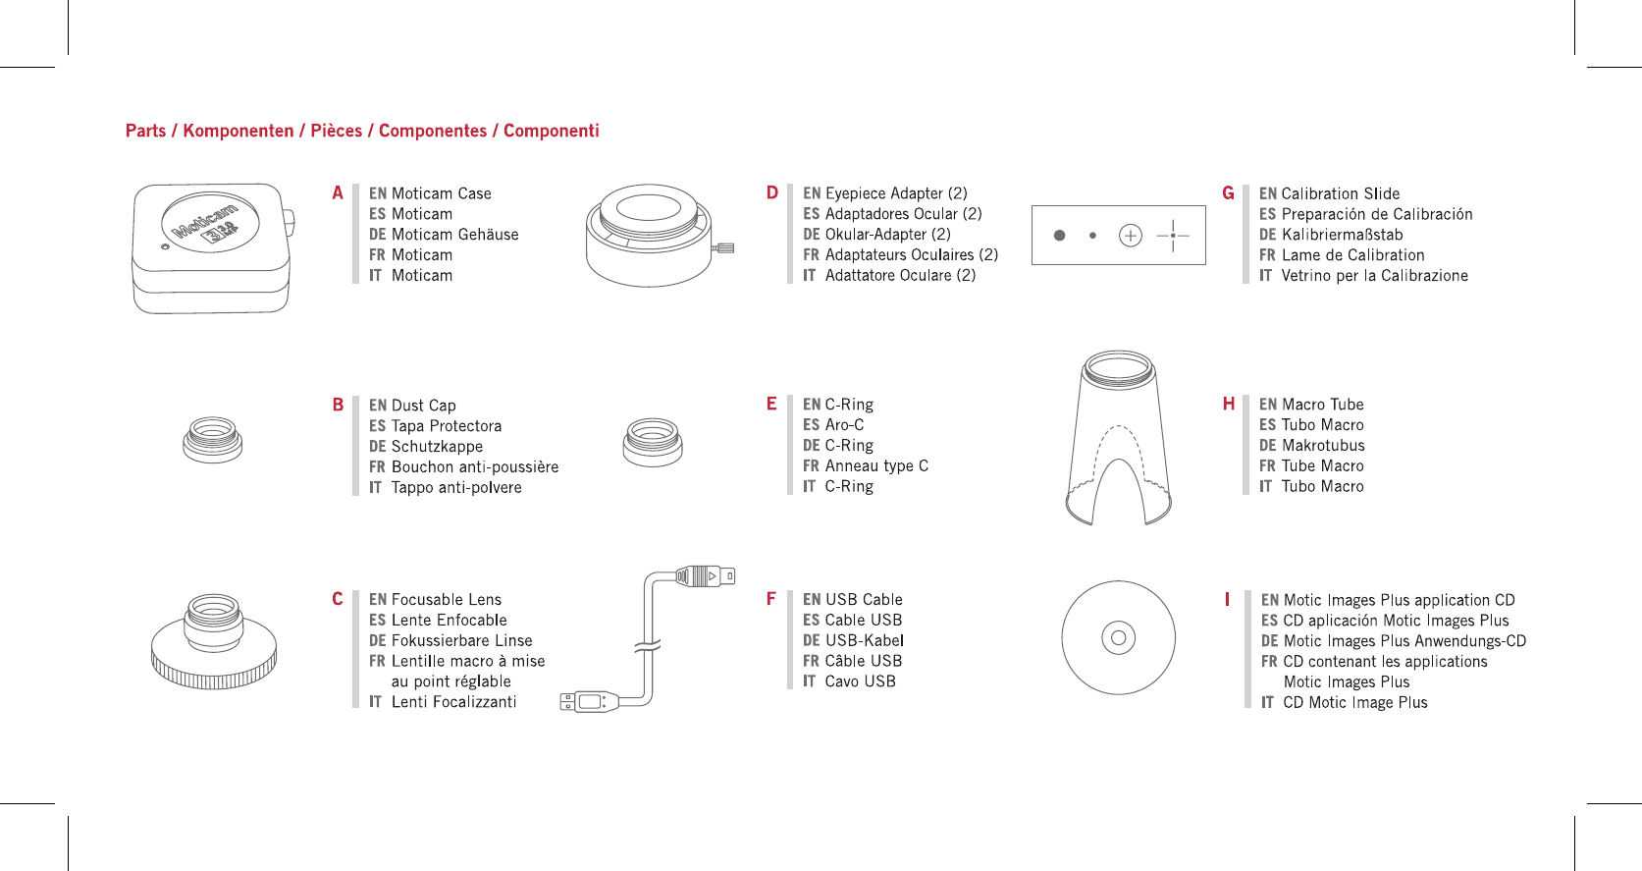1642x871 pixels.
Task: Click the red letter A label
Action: [x=338, y=193]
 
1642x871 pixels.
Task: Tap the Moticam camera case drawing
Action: [x=211, y=247]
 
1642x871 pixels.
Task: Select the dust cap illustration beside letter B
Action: [x=212, y=439]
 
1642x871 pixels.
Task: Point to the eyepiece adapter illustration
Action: [x=650, y=236]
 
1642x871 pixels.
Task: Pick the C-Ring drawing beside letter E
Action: [x=653, y=441]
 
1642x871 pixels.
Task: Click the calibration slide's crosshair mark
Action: [x=1173, y=236]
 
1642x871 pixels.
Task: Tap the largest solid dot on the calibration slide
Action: [x=1059, y=236]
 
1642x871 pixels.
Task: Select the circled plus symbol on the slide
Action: [x=1131, y=236]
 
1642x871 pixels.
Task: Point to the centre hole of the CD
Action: [x=1118, y=637]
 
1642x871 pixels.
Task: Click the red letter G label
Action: [x=1228, y=193]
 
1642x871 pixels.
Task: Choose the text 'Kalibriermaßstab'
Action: [x=1342, y=235]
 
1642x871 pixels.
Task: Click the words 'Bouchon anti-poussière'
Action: [x=475, y=466]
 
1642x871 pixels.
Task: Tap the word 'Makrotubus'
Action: [x=1323, y=445]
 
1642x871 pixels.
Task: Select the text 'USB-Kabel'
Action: [x=865, y=640]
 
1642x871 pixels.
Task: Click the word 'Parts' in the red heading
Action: [x=145, y=131]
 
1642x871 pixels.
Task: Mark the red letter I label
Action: [x=1227, y=599]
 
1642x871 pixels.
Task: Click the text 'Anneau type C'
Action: [x=876, y=465]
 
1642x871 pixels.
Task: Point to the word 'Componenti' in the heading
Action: [x=551, y=131]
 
